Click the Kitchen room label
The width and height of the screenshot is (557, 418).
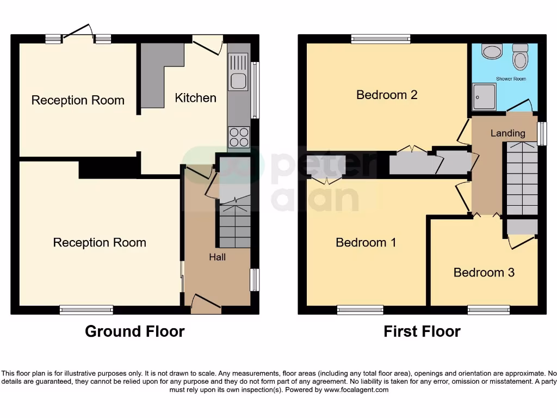(x=195, y=98)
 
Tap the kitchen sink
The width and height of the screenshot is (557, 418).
(x=238, y=80)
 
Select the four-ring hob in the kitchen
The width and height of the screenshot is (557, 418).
(x=239, y=136)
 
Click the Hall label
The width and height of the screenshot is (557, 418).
(x=218, y=257)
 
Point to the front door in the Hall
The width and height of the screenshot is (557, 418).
(x=205, y=303)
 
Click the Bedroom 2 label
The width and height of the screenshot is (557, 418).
(x=387, y=95)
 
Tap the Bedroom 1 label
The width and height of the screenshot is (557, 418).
(x=366, y=242)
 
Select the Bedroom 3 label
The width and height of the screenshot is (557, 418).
(x=484, y=272)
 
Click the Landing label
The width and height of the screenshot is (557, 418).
(x=508, y=133)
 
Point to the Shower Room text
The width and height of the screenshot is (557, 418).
(x=511, y=79)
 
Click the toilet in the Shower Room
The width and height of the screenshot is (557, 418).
(x=520, y=58)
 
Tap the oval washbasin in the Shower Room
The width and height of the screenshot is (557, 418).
(x=493, y=52)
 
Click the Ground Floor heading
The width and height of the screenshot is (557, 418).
(x=134, y=331)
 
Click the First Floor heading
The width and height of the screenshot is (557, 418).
(x=422, y=331)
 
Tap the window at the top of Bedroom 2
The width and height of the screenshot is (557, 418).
(x=380, y=39)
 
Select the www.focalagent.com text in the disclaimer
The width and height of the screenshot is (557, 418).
(x=357, y=390)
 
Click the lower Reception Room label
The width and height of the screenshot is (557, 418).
(x=100, y=243)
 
